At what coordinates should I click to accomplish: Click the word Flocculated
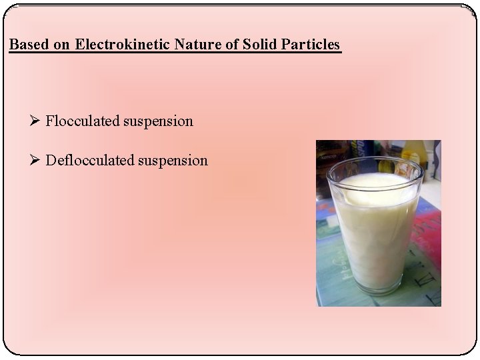click(x=83, y=121)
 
